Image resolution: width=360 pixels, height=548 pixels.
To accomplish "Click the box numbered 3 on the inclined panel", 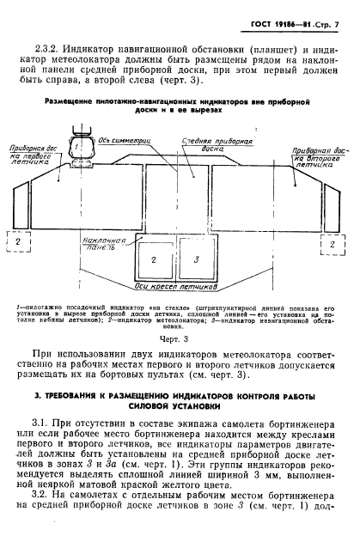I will pos(197,258).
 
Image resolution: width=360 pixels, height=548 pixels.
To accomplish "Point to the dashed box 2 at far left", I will pos(15,242).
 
